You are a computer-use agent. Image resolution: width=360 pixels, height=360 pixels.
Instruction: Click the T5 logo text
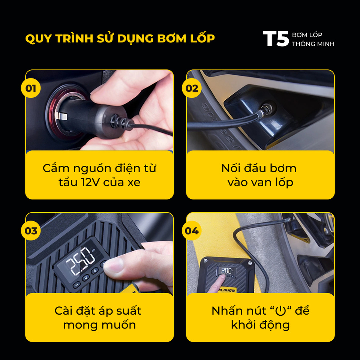click(276, 39)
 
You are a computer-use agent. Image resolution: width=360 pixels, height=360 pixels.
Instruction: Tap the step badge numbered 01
click(31, 88)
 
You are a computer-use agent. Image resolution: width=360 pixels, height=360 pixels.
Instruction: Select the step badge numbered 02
click(192, 88)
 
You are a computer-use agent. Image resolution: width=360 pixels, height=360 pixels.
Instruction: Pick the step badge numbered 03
click(31, 231)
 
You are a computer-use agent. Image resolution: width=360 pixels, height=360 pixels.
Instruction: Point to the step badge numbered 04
click(192, 231)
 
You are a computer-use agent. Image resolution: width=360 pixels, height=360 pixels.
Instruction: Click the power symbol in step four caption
click(280, 311)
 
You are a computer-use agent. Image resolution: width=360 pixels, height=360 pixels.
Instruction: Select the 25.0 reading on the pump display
click(80, 261)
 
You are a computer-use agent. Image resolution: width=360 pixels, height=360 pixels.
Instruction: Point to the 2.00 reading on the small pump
click(226, 271)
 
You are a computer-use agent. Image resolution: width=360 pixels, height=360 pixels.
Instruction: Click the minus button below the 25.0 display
click(76, 285)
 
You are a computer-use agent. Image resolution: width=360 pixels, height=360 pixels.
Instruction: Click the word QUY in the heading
click(38, 39)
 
